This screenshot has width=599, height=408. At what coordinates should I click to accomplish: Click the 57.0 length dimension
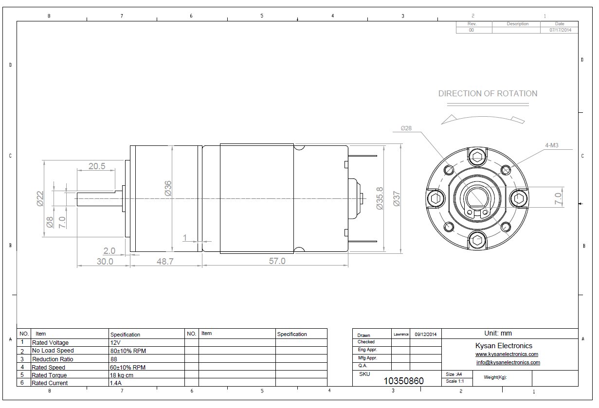point(277,261)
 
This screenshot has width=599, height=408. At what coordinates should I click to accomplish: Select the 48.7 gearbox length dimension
point(165,261)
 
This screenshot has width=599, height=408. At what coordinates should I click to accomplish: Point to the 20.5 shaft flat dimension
point(97,166)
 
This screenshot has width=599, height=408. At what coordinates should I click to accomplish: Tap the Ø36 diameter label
point(168,188)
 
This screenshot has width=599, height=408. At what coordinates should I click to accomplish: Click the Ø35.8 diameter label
point(380,198)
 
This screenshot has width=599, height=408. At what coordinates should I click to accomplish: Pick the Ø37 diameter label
point(397,199)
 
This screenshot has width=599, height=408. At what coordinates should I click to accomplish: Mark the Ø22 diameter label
point(40,199)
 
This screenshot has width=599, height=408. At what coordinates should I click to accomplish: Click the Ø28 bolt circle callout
point(406,128)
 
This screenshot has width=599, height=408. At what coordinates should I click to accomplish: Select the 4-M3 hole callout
point(552,145)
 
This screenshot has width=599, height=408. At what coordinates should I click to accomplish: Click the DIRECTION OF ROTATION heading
point(488,93)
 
